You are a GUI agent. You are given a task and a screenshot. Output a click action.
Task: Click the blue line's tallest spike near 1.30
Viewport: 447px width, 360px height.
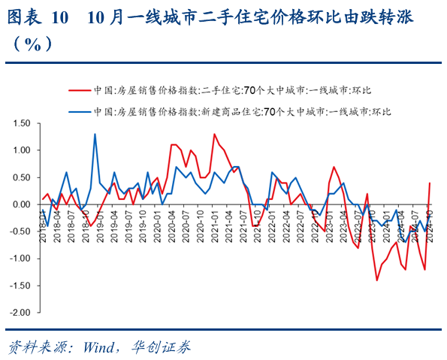click(95, 135)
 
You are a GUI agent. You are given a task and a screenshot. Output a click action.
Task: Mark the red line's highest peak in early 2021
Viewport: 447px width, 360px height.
click(214, 135)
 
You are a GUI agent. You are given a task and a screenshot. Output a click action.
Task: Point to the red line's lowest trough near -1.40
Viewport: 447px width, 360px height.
click(377, 280)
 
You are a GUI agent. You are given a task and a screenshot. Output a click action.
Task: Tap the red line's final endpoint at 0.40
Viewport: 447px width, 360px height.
click(430, 183)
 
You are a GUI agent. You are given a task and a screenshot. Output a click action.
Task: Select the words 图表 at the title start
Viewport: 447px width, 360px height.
click(20, 18)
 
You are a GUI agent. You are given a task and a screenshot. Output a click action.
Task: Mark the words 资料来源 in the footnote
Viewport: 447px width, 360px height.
click(35, 346)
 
